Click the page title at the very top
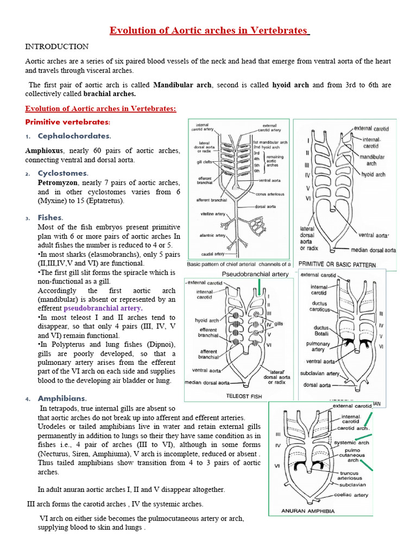pos(209,30)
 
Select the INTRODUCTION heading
pos(57,47)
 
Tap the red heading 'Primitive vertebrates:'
pos(68,122)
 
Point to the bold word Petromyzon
pos(58,182)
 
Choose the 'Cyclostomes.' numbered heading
pos(63,173)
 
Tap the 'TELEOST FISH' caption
pos(244,396)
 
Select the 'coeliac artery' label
pos(352,495)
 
